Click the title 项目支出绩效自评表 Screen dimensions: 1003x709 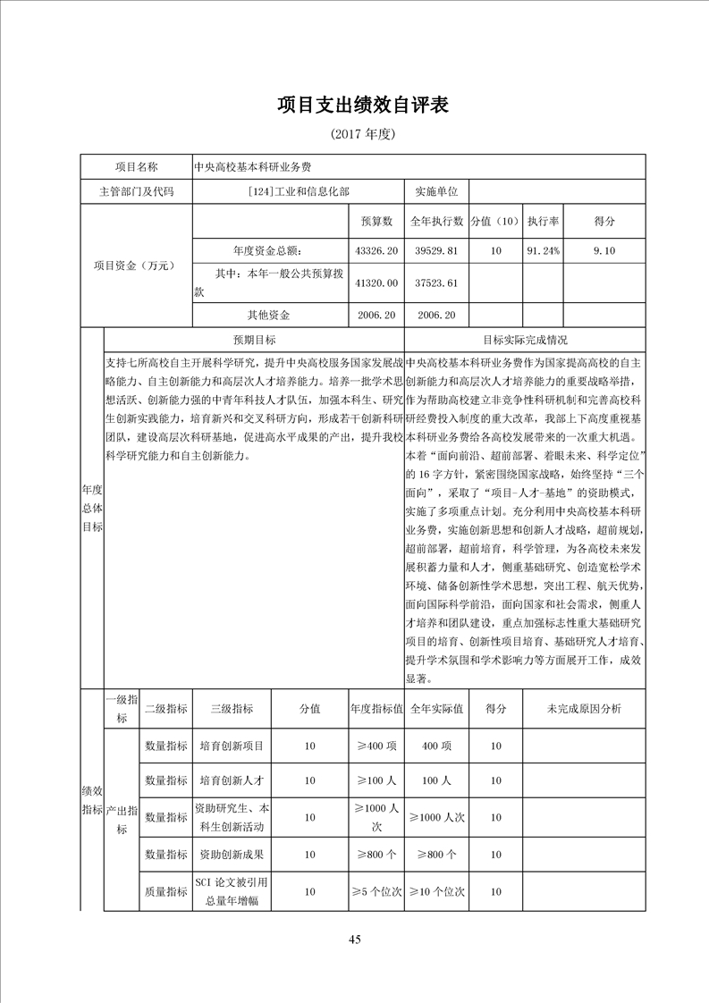pos(362,105)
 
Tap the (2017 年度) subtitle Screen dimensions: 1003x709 pos(362,134)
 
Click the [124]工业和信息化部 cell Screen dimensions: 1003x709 pos(299,191)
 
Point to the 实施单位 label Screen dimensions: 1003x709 pos(436,191)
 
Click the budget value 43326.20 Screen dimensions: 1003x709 pos(376,251)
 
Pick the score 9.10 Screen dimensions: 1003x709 pos(603,251)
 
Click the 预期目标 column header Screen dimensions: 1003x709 pos(255,340)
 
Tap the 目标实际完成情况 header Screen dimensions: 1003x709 pos(525,340)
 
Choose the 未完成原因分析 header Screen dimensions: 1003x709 pos(584,708)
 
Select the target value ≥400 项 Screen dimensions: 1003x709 pos(376,746)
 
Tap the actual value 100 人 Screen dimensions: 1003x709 pos(436,780)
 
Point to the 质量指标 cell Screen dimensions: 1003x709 pos(166,891)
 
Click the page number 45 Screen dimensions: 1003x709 pos(355,939)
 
